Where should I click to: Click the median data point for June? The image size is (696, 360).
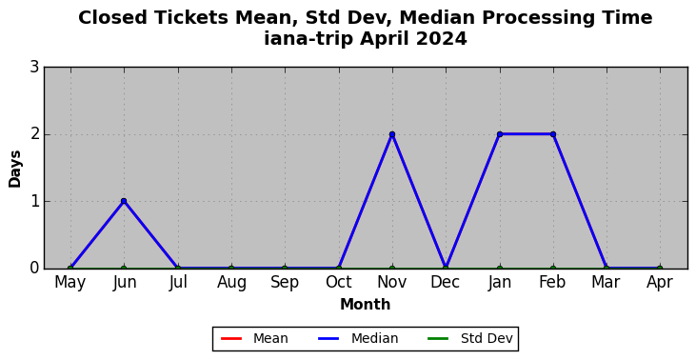(x=124, y=201)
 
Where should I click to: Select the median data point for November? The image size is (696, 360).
(x=392, y=134)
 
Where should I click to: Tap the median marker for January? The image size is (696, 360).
(x=500, y=134)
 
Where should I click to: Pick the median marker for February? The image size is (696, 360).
(x=553, y=134)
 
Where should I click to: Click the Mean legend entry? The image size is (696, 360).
(x=254, y=339)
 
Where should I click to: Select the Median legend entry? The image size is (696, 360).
(x=358, y=339)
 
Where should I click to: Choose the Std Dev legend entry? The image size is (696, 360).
(x=470, y=339)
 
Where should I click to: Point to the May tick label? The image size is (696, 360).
(x=70, y=282)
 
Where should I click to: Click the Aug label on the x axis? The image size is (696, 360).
(x=231, y=282)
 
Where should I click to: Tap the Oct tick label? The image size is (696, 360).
(x=339, y=282)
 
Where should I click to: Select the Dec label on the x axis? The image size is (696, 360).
(x=446, y=282)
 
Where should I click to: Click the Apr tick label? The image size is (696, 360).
(x=660, y=282)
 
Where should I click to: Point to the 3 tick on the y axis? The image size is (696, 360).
(x=34, y=68)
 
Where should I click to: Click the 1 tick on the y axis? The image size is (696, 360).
(x=34, y=202)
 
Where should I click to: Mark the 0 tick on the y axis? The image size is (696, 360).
(x=34, y=269)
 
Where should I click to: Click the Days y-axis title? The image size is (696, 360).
(x=14, y=169)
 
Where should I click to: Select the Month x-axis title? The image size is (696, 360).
(x=366, y=305)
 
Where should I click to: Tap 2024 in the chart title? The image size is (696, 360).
(x=441, y=39)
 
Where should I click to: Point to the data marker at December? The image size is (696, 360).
(x=446, y=269)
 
